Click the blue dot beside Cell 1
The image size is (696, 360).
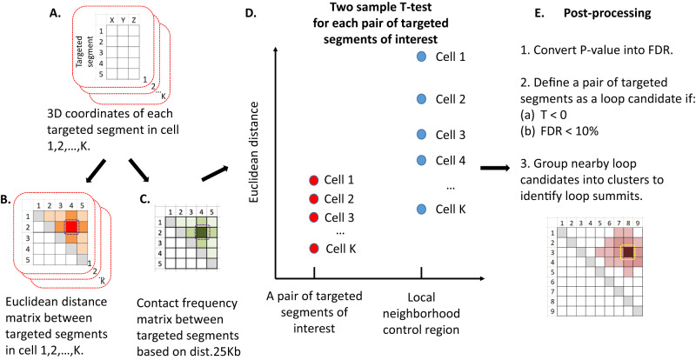[422, 57]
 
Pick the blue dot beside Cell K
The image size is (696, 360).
[422, 210]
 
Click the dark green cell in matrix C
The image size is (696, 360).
[202, 232]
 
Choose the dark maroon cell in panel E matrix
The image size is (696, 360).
[627, 252]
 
